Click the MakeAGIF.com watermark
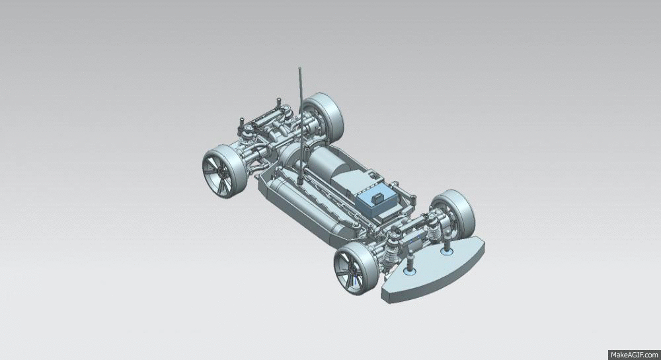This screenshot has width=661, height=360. pyautogui.click(x=635, y=355)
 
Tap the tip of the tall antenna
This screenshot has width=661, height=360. pyautogui.click(x=299, y=67)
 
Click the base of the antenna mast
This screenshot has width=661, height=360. pyautogui.click(x=300, y=182)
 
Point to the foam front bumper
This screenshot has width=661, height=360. pyautogui.click(x=433, y=270)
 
